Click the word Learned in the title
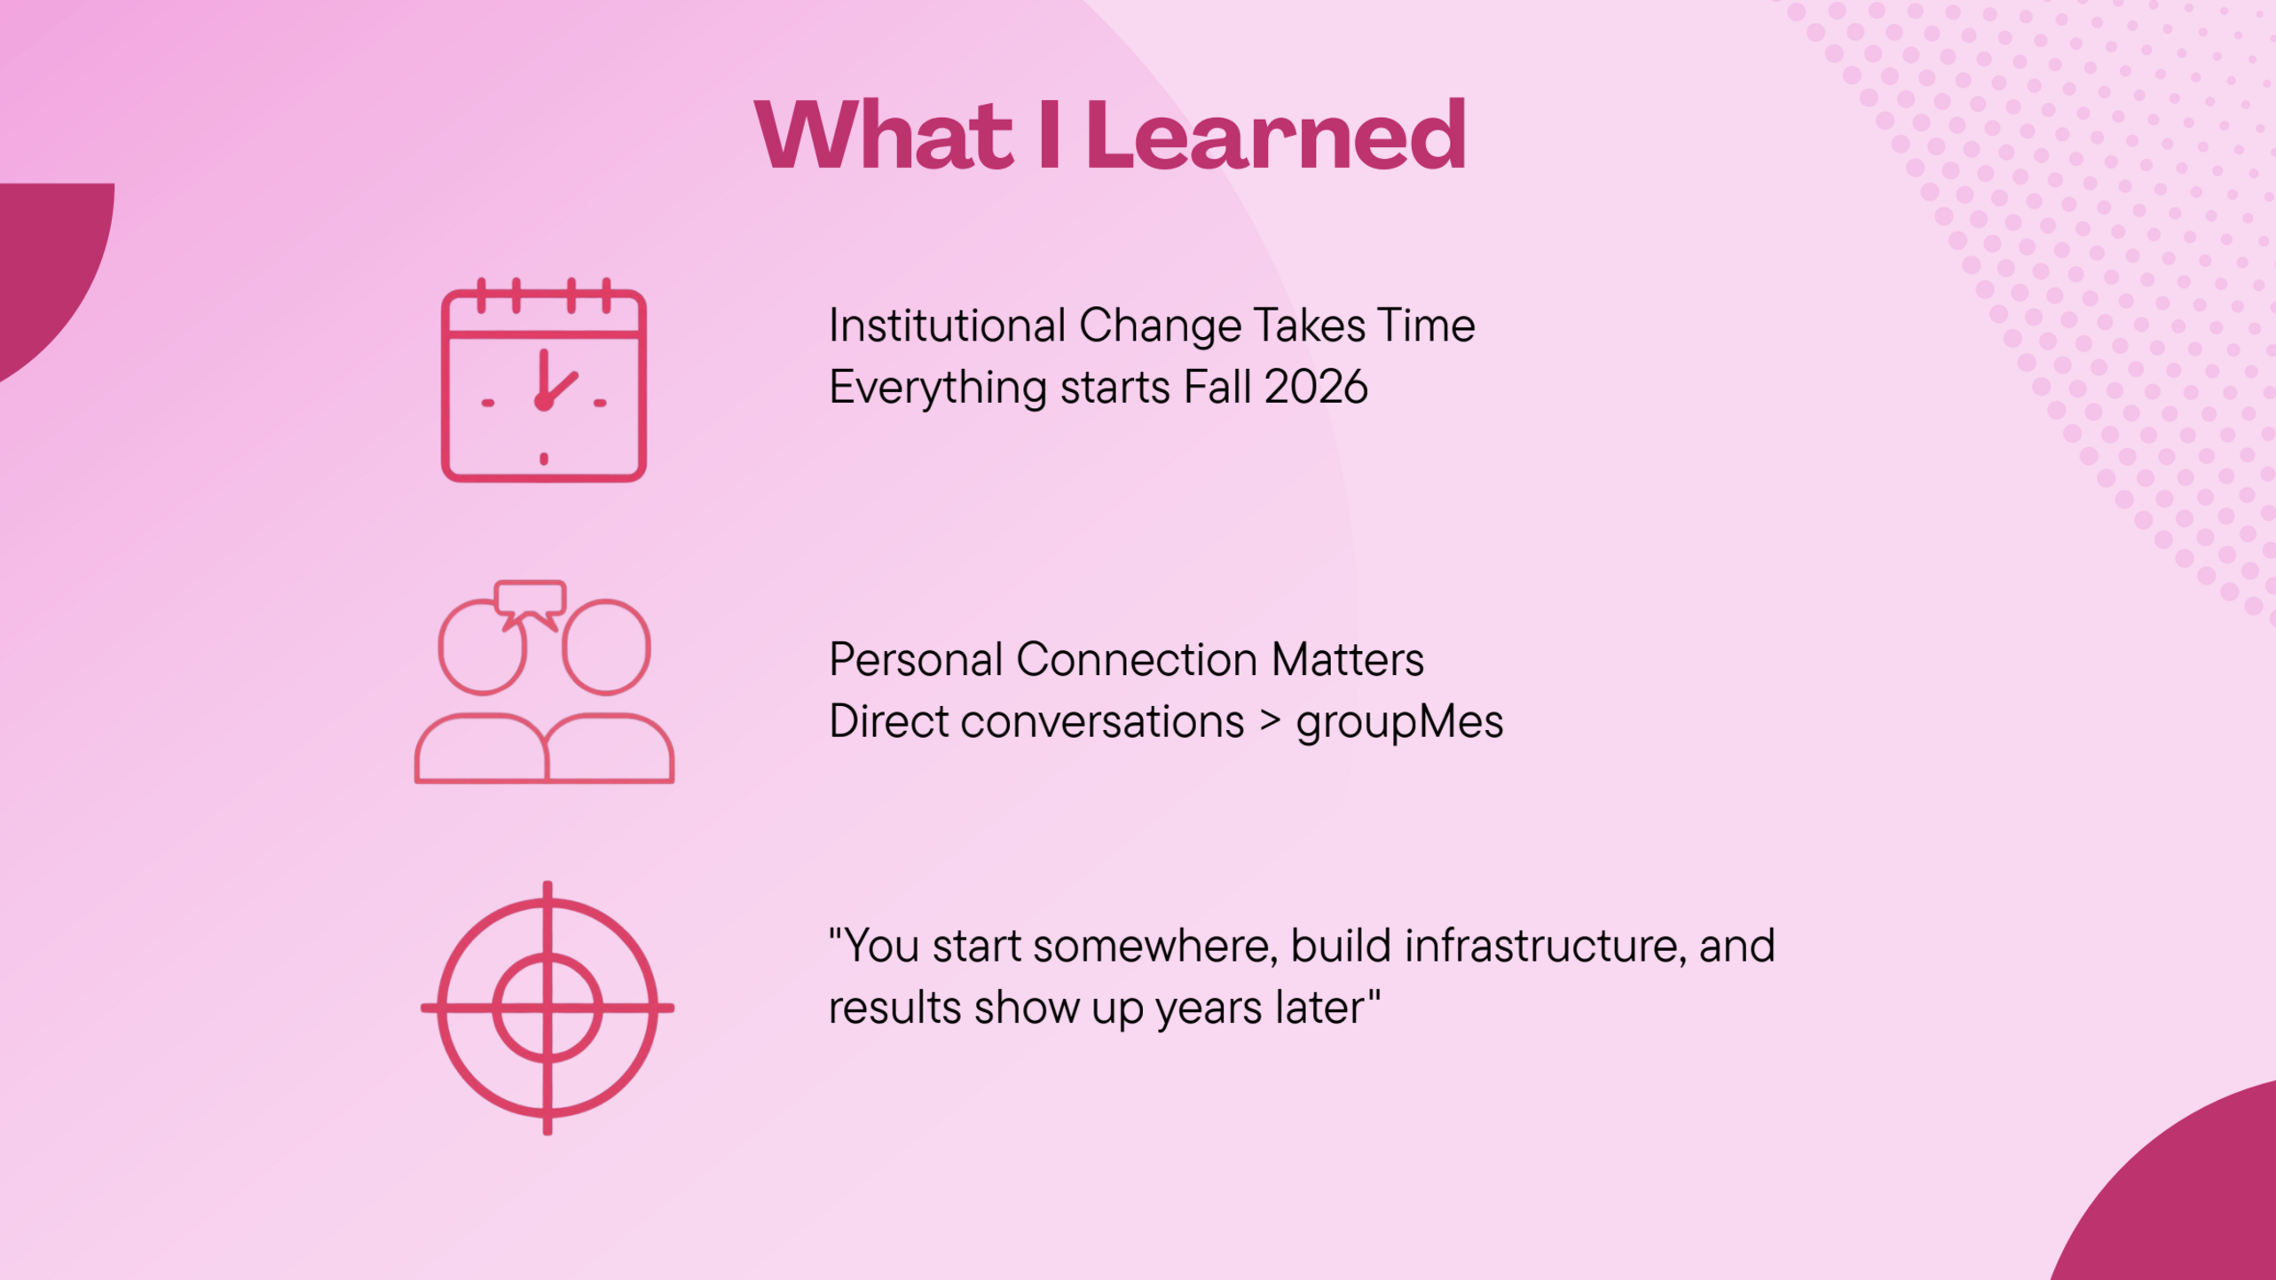(1275, 135)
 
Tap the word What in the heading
(884, 135)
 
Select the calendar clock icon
(544, 380)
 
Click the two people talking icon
(544, 682)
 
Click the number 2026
(1316, 388)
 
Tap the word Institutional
(947, 326)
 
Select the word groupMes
(1399, 722)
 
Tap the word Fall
(1217, 387)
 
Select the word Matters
(1347, 660)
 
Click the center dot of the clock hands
(544, 403)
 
